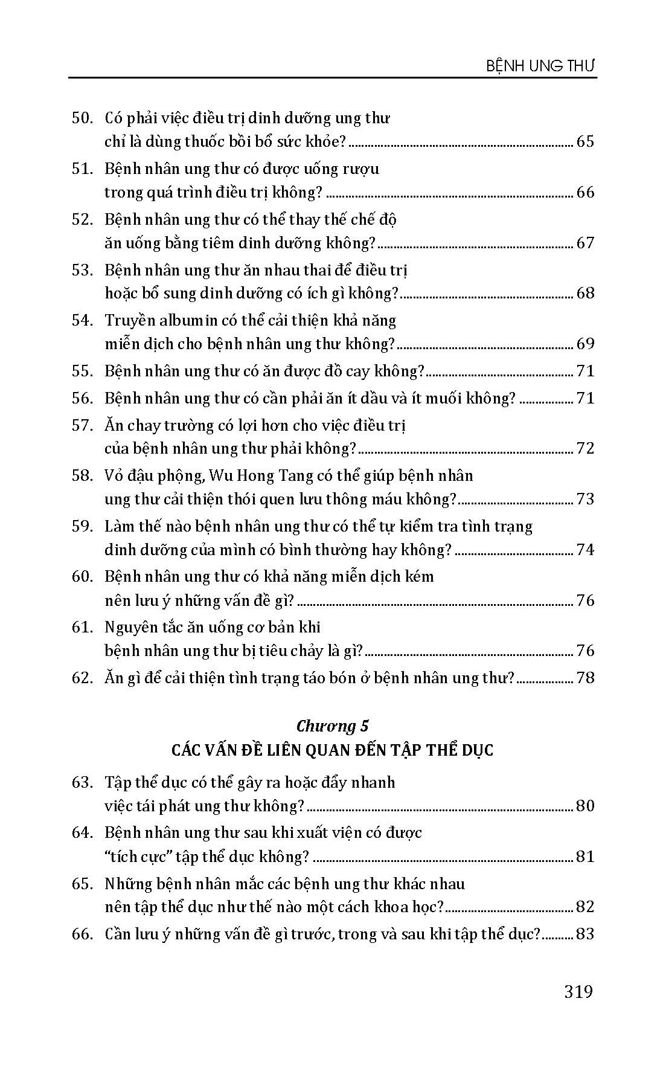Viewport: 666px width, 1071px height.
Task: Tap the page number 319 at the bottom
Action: click(578, 991)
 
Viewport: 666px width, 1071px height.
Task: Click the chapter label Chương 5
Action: click(333, 725)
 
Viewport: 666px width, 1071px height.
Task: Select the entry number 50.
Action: click(81, 118)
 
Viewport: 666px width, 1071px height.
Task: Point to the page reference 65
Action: click(585, 142)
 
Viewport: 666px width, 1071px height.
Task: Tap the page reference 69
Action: click(585, 344)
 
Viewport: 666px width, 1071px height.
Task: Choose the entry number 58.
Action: click(81, 475)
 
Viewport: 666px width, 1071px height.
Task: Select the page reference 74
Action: click(585, 550)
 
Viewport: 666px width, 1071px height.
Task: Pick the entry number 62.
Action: click(81, 678)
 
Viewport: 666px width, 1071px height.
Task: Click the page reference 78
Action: click(585, 678)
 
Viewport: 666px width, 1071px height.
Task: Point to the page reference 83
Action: click(585, 934)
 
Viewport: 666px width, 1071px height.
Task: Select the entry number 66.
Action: click(81, 934)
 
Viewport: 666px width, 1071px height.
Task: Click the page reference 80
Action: click(585, 806)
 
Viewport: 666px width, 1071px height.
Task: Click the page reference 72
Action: click(585, 448)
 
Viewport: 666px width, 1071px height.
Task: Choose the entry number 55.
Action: click(81, 371)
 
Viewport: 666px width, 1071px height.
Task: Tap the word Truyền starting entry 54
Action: click(128, 320)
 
